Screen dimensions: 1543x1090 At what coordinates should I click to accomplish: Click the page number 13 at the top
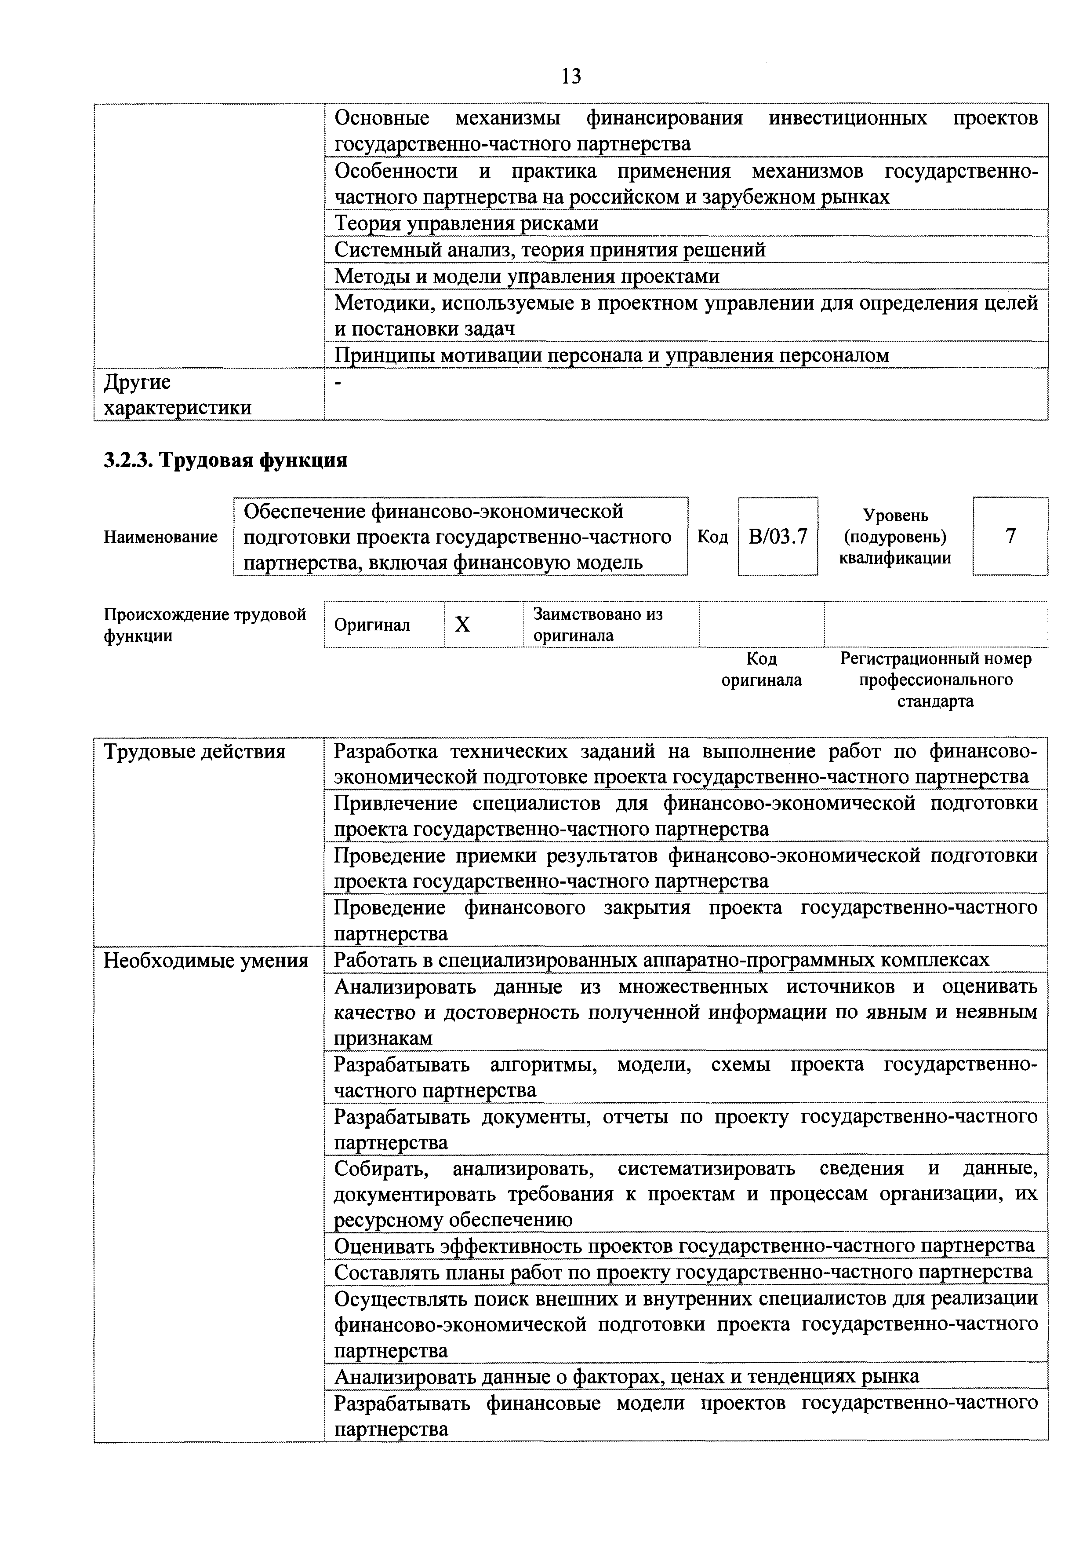571,77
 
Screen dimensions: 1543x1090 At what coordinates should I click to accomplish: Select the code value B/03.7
778,536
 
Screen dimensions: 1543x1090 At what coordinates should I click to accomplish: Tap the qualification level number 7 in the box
1010,536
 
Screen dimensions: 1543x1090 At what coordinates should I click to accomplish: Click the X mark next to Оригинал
463,625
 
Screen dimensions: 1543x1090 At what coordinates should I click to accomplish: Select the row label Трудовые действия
194,751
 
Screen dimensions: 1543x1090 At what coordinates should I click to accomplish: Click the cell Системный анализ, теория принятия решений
549,250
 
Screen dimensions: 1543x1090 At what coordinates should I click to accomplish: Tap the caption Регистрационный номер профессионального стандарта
936,680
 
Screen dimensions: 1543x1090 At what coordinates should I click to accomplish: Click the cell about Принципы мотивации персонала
611,355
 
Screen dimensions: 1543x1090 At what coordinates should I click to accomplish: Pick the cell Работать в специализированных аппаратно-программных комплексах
661,960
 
